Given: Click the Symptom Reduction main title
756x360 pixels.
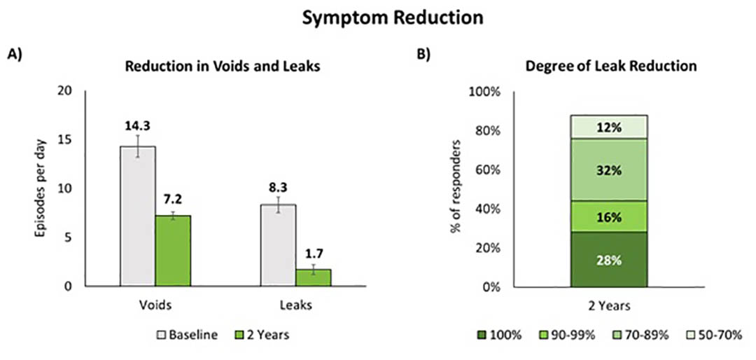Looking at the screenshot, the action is point(393,18).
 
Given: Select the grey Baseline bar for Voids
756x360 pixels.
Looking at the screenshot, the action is point(137,216).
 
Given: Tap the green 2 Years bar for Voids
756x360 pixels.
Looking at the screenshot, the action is point(173,251).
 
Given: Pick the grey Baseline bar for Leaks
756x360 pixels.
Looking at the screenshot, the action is point(278,245).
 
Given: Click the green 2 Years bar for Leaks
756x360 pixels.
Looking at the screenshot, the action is point(314,278).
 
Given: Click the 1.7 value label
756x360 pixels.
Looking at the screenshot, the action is point(314,252).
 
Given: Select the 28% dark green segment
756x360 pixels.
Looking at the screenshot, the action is point(608,260).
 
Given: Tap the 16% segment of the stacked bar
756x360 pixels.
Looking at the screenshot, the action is point(608,216).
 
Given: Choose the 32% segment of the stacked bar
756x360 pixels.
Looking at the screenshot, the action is point(608,170).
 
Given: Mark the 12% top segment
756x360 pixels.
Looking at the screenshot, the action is point(608,127).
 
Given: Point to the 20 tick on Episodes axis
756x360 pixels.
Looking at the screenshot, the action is point(66,91).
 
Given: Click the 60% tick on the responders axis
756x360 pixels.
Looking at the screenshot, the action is point(486,170).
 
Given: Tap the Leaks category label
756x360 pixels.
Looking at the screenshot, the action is point(296,305).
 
